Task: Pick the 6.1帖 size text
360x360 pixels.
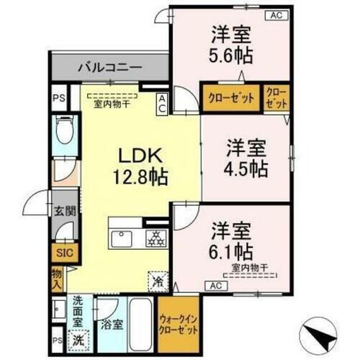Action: [231, 251]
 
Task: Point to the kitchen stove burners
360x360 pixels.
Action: [155, 238]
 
